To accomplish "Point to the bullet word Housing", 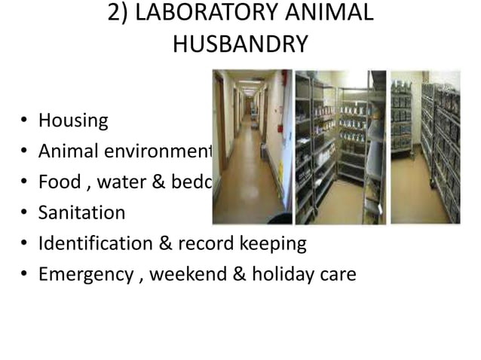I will [x=73, y=121].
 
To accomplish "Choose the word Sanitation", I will [x=81, y=213].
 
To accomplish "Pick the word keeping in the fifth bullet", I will [x=274, y=244].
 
